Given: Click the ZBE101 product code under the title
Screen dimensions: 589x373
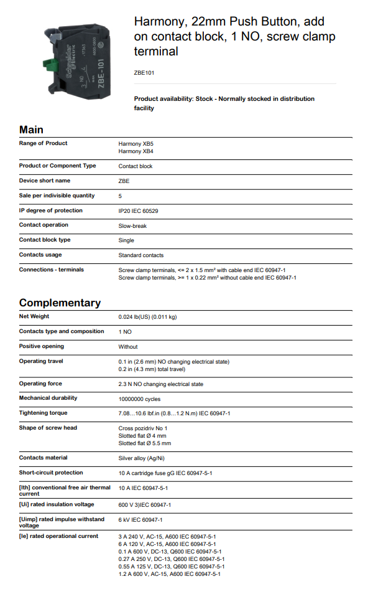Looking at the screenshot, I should (x=144, y=73).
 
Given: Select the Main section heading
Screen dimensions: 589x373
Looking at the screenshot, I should (x=32, y=130).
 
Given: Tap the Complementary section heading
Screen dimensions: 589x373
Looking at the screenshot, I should (x=60, y=303).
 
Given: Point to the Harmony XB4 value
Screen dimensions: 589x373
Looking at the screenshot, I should (x=136, y=151).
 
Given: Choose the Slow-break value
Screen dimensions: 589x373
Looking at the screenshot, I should (x=132, y=225).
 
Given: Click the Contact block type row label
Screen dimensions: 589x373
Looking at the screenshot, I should (x=45, y=240).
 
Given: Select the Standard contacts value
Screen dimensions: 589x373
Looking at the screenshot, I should (x=141, y=255).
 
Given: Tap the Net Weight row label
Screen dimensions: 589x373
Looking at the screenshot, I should (x=34, y=316).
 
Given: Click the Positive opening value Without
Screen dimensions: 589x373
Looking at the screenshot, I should (x=128, y=347).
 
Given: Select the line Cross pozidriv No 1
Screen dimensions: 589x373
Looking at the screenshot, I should (x=143, y=428).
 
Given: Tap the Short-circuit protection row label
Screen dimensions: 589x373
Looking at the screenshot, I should (x=51, y=473).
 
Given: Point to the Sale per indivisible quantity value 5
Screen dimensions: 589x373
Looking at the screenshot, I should (x=120, y=196).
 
